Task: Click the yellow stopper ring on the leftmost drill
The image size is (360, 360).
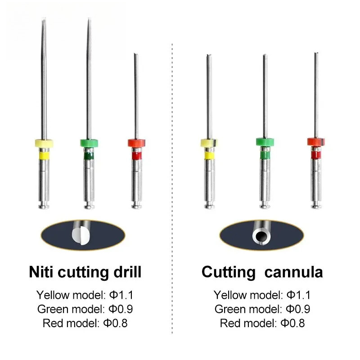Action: (44, 144)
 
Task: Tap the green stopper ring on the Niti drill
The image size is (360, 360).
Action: (89, 143)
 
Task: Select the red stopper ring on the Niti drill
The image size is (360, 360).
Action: (136, 143)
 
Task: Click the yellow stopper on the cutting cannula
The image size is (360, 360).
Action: (209, 143)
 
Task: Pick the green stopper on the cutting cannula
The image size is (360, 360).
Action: (265, 142)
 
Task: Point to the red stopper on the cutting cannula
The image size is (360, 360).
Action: (316, 142)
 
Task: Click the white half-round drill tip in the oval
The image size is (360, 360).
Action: (81, 236)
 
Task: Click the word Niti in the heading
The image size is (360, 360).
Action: (41, 272)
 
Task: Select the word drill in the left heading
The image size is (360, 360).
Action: (127, 272)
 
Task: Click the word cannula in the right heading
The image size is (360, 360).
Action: (294, 272)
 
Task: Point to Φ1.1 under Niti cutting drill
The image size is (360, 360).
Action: (121, 295)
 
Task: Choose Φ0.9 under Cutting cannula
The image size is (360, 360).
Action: (298, 309)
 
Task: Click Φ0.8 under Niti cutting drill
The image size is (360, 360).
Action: (115, 323)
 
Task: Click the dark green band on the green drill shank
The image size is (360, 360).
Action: (89, 156)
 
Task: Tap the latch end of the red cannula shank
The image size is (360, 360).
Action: (316, 205)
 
